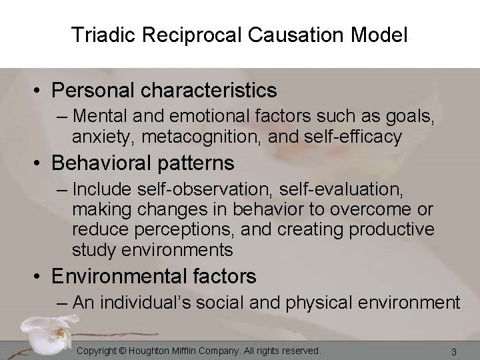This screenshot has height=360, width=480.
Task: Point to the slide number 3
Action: pyautogui.click(x=453, y=351)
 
